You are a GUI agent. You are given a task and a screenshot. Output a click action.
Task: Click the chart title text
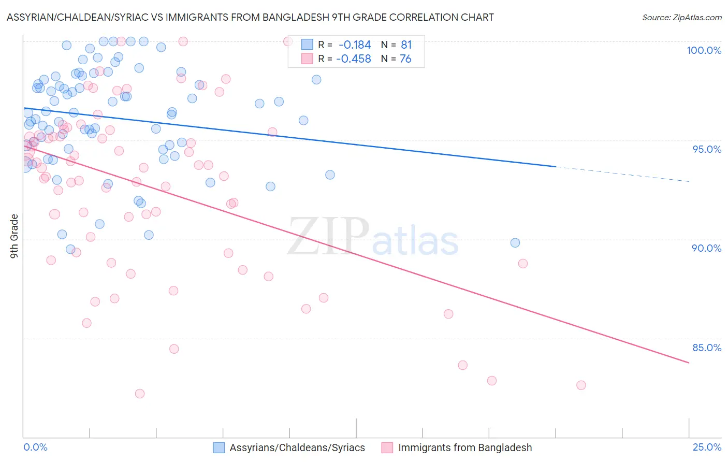pos(250,17)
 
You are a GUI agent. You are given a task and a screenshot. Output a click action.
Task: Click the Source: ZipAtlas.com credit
pos(681,17)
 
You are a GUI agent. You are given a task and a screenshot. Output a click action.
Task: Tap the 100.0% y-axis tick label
pos(704,50)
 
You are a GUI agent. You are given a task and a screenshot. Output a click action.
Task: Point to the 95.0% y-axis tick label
pos(707,149)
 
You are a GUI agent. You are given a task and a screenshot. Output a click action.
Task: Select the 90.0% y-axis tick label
pos(707,248)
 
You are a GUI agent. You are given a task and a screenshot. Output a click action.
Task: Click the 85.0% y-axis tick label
pos(707,348)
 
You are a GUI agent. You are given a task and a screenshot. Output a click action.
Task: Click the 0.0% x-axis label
pos(36,447)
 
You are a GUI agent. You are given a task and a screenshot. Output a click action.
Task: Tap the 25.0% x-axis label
pos(707,447)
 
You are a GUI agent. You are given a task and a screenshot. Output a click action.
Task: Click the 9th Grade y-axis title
pos(14,236)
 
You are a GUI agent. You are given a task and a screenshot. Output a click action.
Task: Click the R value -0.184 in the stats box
pos(355,45)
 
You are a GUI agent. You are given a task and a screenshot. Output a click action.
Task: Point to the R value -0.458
pos(354,59)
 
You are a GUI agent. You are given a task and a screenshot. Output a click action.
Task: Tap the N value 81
pos(406,45)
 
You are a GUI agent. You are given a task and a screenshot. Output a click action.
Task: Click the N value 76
pos(405,59)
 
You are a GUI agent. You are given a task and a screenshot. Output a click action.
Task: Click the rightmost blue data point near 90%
pos(515,243)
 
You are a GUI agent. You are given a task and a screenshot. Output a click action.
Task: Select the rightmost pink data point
pos(581,385)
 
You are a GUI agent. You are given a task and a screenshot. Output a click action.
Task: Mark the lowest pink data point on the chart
pos(140,394)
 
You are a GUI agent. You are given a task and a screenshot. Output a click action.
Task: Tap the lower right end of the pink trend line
pos(688,363)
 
